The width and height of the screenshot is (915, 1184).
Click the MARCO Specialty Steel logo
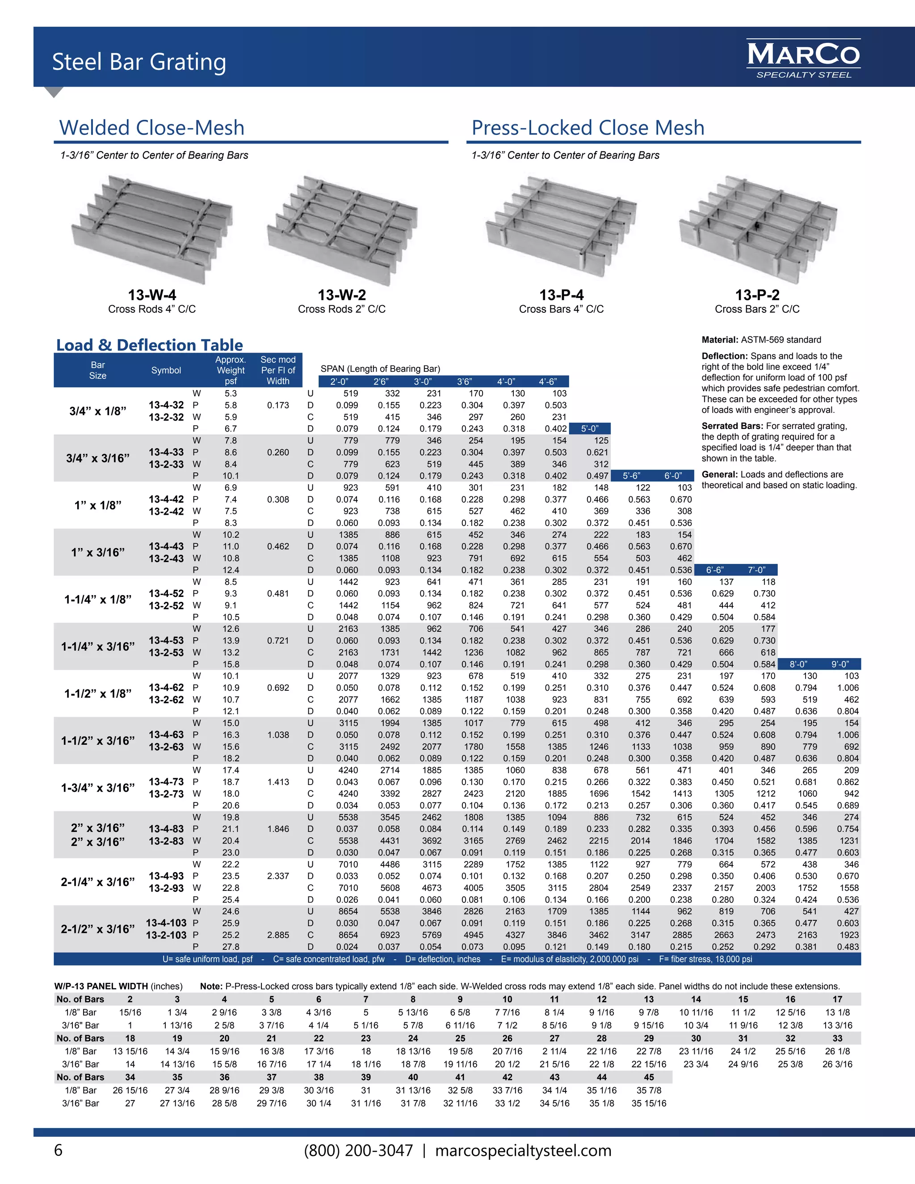pyautogui.click(x=803, y=59)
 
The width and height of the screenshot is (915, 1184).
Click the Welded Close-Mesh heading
pyautogui.click(x=152, y=128)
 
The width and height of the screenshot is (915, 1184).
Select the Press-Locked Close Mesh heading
pyautogui.click(x=588, y=128)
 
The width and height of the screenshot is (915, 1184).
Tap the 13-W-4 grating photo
pyautogui.click(x=152, y=228)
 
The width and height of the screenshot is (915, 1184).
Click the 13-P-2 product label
pyautogui.click(x=757, y=295)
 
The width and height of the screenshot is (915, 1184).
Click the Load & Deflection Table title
pyautogui.click(x=150, y=345)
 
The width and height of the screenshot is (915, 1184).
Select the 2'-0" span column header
pyautogui.click(x=340, y=382)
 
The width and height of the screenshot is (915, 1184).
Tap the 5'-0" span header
pyautogui.click(x=590, y=429)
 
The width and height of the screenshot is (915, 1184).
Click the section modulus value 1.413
pyautogui.click(x=277, y=782)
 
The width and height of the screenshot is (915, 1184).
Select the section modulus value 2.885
pyautogui.click(x=277, y=935)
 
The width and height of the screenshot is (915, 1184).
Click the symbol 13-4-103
pyautogui.click(x=166, y=923)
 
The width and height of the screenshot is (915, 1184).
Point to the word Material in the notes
pyautogui.click(x=719, y=340)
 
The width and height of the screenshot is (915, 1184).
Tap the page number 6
pyautogui.click(x=59, y=1150)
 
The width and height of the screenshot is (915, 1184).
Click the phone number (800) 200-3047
pyautogui.click(x=358, y=1150)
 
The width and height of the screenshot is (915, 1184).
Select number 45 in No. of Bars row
pyautogui.click(x=649, y=1077)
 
